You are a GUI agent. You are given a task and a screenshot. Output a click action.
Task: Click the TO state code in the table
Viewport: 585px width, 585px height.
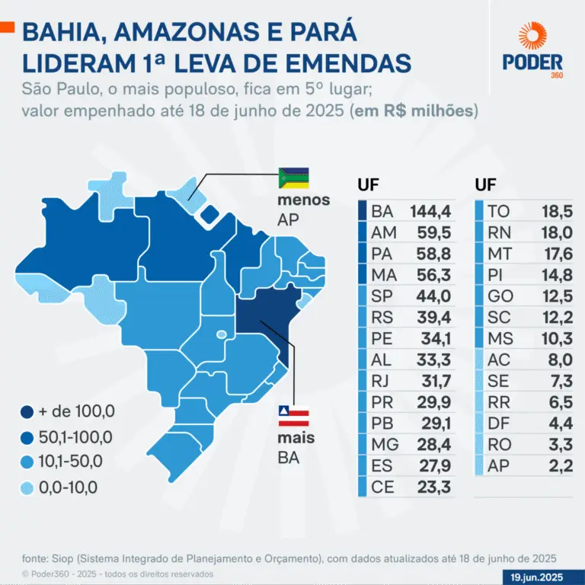(498, 210)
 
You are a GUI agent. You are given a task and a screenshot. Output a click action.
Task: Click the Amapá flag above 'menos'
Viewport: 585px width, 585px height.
(293, 177)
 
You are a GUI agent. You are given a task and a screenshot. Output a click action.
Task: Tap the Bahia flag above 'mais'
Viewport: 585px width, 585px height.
(293, 416)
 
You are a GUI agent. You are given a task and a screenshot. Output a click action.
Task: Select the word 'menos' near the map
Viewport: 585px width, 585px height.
(304, 200)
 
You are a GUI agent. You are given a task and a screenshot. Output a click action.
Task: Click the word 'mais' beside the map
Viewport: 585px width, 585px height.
(296, 439)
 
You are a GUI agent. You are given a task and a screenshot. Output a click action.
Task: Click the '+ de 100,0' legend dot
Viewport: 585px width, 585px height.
(27, 412)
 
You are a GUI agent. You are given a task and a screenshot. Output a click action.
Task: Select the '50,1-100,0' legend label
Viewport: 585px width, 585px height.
(75, 436)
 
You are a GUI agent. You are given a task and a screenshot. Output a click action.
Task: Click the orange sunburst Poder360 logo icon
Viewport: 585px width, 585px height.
(533, 37)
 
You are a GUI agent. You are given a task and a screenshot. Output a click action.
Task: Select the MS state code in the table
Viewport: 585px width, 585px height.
(498, 337)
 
